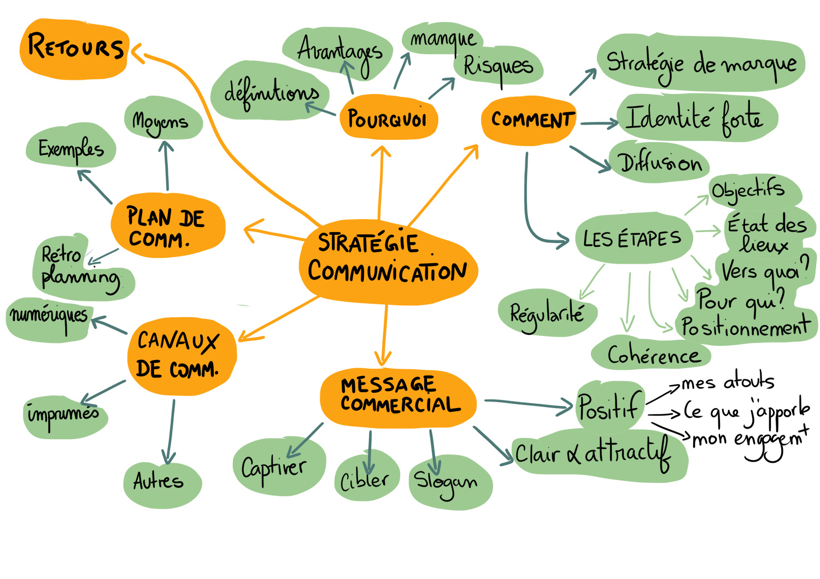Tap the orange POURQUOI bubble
click(387, 118)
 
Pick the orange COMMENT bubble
click(530, 120)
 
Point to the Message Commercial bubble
click(398, 395)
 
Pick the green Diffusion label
click(660, 163)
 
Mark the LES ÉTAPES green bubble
click(632, 239)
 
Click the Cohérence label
click(653, 356)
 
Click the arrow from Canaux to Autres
click(171, 432)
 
